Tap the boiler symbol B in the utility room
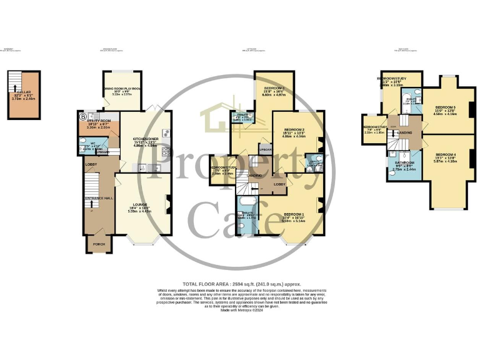click(x=82, y=116)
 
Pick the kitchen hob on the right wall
click(x=166, y=151)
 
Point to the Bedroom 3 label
click(x=274, y=88)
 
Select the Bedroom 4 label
click(x=446, y=154)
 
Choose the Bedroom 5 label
click(x=445, y=107)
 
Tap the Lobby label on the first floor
click(x=279, y=184)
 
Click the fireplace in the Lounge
click(x=167, y=203)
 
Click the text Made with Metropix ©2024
click(x=240, y=317)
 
